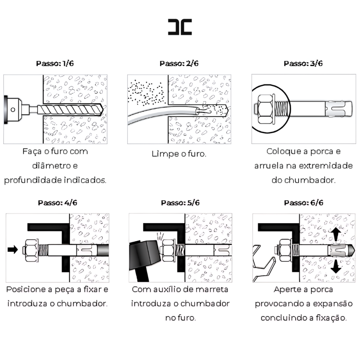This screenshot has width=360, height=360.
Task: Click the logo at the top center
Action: point(180,27)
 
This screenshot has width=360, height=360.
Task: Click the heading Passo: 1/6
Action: point(55,63)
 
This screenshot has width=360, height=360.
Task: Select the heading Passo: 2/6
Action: point(179,63)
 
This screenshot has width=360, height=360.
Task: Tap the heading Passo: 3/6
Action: point(303,63)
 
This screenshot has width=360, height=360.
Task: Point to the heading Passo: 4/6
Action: point(57,202)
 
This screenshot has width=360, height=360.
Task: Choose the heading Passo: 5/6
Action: point(180,202)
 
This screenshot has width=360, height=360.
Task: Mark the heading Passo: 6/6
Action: point(303,202)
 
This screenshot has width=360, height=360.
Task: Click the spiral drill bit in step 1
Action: point(70,108)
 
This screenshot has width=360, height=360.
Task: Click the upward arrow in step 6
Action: point(336,234)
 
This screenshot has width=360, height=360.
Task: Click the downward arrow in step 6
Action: point(336,266)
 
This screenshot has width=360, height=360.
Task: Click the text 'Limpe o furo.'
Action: point(179,154)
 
